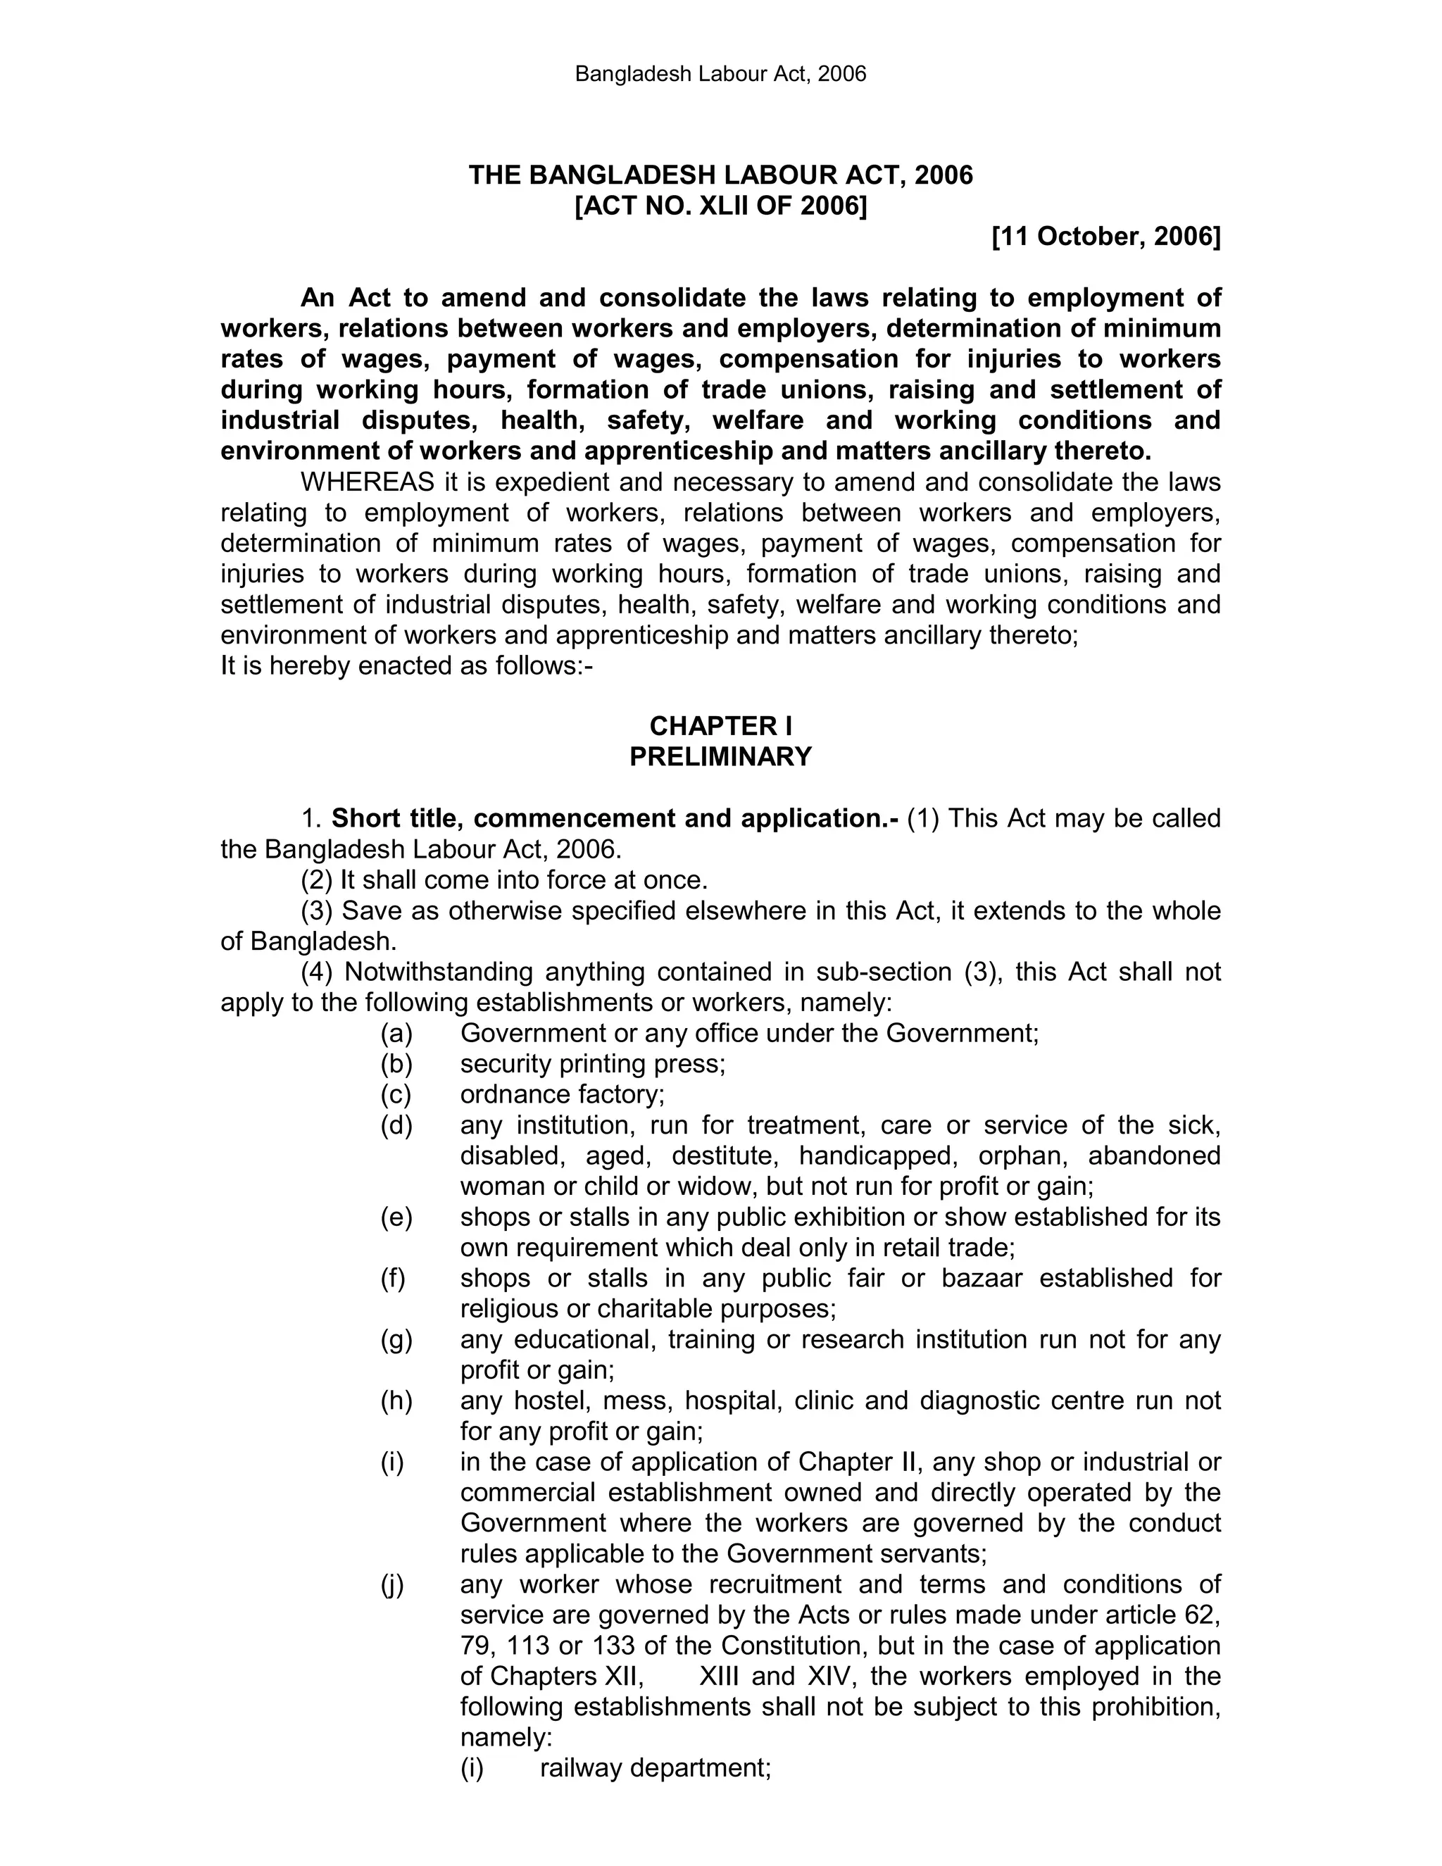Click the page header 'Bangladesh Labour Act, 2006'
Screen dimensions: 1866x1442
pyautogui.click(x=720, y=75)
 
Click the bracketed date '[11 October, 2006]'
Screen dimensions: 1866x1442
pyautogui.click(x=1106, y=237)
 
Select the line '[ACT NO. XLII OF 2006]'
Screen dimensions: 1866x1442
pyautogui.click(x=720, y=206)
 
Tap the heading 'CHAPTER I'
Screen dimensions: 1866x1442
pyautogui.click(x=720, y=726)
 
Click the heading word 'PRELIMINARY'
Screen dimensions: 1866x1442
pyautogui.click(x=720, y=757)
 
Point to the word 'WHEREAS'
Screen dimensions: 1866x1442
pyautogui.click(x=368, y=482)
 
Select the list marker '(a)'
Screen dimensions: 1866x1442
pyautogui.click(x=396, y=1033)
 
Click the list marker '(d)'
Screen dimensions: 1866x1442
pyautogui.click(x=396, y=1125)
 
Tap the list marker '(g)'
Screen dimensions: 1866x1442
pyautogui.click(x=396, y=1340)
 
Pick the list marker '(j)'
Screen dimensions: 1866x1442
pyautogui.click(x=393, y=1584)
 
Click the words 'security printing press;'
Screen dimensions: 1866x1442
pyautogui.click(x=593, y=1064)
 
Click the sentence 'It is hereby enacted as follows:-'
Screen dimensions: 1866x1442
pyautogui.click(x=407, y=665)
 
